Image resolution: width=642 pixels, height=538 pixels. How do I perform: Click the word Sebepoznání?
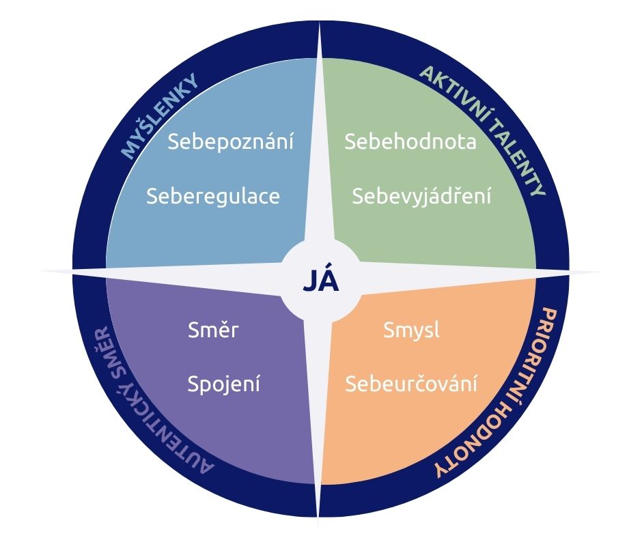231,142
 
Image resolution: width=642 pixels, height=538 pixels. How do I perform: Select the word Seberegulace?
213,196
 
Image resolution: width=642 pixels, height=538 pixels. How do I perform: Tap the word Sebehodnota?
410,142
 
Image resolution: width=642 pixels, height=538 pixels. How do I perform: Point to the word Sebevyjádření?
421,197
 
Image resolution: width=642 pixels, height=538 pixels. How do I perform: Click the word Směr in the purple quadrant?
213,330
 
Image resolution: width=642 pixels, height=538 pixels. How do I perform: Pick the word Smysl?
411,330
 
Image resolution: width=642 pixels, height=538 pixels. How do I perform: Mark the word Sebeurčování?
410,384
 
